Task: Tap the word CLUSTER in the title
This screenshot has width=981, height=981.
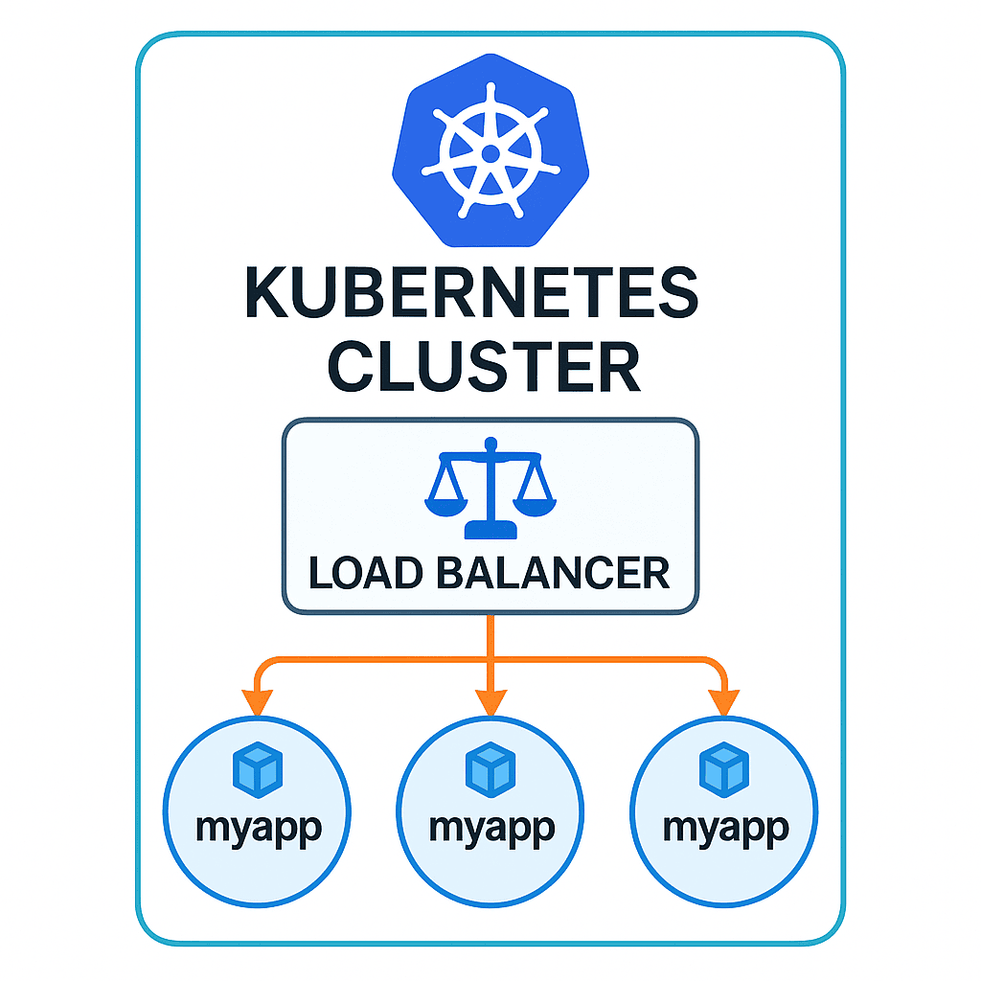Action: tap(484, 367)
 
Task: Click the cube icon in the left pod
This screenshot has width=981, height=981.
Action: tap(258, 770)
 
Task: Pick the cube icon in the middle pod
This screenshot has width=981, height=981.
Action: tap(490, 768)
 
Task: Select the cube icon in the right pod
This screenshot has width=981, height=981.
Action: tap(724, 769)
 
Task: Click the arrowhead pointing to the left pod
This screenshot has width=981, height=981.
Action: tap(257, 704)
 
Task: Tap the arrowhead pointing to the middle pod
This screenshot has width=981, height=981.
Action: tap(490, 704)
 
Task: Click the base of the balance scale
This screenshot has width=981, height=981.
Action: tap(490, 530)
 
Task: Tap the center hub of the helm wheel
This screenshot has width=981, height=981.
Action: tap(490, 153)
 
